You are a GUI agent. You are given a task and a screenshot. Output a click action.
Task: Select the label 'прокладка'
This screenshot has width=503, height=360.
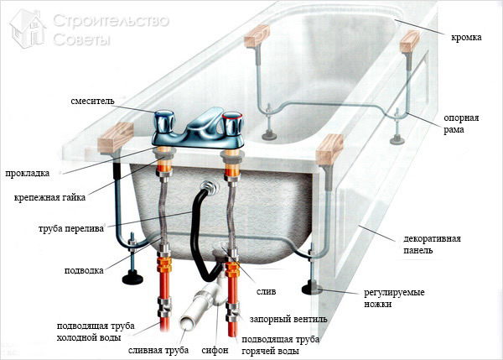27,174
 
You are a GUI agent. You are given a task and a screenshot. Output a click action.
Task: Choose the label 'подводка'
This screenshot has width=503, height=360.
84,271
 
